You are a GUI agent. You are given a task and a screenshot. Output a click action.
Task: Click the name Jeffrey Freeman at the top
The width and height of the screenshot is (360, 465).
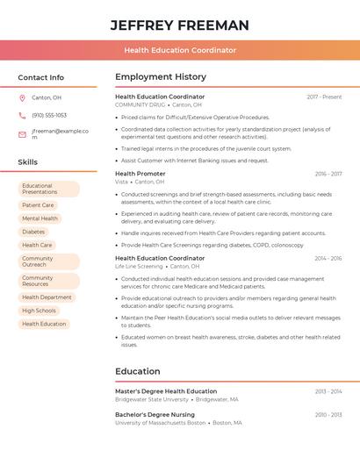coord(179,25)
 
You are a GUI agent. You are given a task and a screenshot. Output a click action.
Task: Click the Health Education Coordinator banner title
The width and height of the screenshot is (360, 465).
coord(179,50)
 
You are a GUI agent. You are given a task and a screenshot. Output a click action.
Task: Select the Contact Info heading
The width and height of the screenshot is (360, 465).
coord(40,77)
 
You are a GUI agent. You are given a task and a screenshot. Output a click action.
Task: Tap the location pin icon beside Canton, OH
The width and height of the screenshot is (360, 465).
coord(22,97)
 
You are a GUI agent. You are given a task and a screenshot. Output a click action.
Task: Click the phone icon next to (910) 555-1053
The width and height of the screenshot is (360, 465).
coord(22,115)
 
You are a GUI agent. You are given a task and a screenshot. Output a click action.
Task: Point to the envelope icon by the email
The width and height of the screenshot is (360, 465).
coord(22,134)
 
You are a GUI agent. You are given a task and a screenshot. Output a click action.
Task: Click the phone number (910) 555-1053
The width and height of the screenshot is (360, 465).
coord(49,115)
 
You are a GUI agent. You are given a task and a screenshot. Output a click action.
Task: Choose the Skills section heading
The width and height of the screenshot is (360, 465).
coord(27,162)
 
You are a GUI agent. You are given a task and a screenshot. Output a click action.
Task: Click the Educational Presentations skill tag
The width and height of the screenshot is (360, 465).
coord(48,189)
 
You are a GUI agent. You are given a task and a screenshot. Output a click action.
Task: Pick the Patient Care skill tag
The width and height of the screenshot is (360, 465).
coord(38,205)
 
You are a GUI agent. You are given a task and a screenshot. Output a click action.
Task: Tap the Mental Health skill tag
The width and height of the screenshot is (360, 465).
coord(40,218)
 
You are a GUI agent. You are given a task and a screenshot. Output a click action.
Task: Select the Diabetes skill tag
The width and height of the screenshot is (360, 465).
coord(33,232)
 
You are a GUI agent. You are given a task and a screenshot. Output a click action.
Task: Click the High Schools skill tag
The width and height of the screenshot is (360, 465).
coord(39,311)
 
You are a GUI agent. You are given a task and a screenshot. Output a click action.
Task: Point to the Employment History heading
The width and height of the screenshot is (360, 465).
coord(161,77)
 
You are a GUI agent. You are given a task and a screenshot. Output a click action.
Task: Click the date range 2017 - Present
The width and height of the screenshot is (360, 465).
coord(324,97)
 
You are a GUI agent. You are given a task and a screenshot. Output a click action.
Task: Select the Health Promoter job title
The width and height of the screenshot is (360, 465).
coord(140,174)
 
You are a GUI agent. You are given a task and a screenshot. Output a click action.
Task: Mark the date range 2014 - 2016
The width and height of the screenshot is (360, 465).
coord(328,259)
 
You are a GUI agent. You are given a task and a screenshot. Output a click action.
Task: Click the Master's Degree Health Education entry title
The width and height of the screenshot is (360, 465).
coord(166,391)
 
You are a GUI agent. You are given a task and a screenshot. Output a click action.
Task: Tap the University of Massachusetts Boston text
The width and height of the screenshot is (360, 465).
coord(160,422)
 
